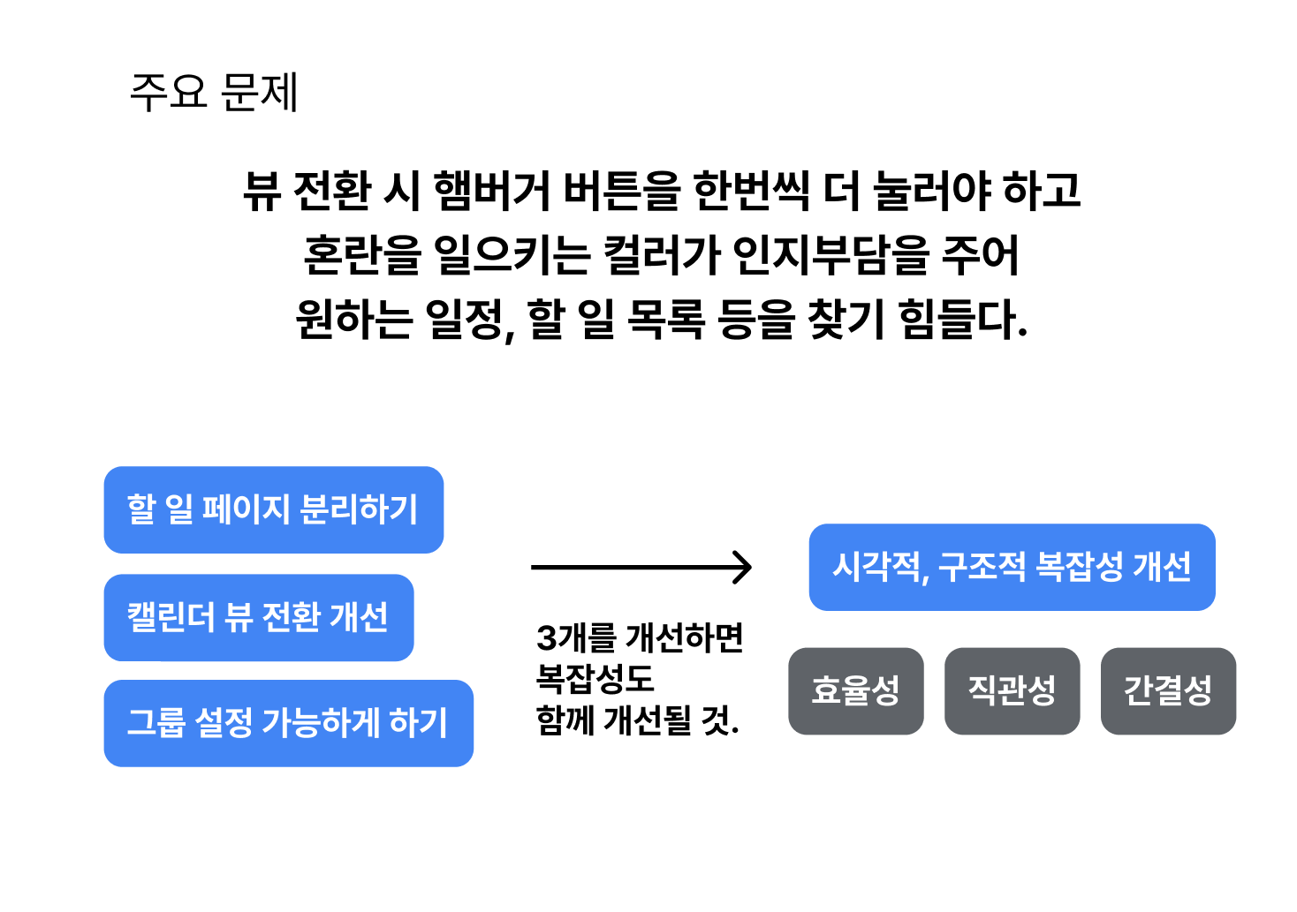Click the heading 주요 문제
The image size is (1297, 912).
click(214, 93)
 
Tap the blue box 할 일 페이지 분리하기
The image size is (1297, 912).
click(273, 509)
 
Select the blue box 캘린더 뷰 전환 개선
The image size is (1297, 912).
click(258, 617)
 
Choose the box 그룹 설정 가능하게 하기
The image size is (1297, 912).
click(288, 723)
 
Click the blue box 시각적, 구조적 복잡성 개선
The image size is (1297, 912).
click(1012, 567)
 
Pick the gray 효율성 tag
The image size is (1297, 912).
click(855, 690)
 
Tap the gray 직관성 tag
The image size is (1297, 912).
click(1012, 690)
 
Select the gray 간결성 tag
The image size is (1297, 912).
click(1167, 690)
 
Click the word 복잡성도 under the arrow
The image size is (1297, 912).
click(595, 679)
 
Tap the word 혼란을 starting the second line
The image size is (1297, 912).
click(362, 255)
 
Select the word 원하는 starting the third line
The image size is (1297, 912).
click(353, 320)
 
